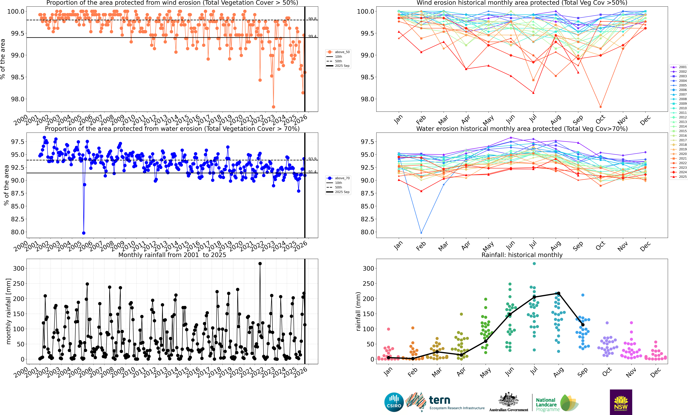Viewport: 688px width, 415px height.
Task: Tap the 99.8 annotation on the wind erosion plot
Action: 312,19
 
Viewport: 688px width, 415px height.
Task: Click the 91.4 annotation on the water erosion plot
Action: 312,172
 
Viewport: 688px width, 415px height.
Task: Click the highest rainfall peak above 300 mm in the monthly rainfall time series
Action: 260,263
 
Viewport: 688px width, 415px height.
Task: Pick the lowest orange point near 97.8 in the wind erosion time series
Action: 273,107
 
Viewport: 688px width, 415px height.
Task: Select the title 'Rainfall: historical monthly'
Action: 522,255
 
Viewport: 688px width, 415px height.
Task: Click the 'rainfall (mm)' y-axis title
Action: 358,311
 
